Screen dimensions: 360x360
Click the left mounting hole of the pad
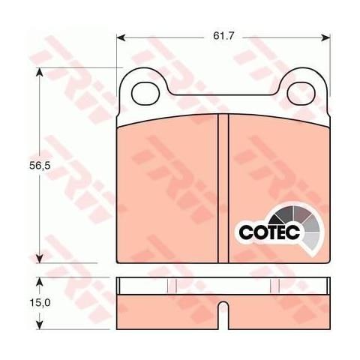[142, 92]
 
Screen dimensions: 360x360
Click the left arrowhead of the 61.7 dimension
[121, 36]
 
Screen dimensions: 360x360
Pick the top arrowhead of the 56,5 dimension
[38, 72]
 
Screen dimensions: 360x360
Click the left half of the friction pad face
[168, 191]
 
